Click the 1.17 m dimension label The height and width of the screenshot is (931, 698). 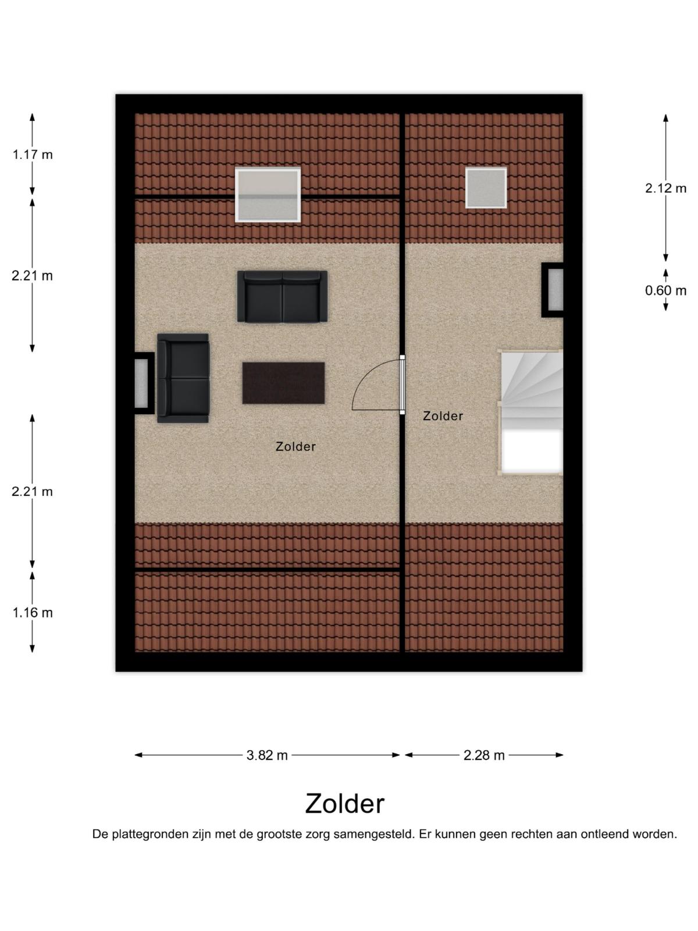[x=33, y=155]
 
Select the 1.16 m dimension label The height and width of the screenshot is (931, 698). [x=33, y=613]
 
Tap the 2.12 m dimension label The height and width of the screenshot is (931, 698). [x=665, y=188]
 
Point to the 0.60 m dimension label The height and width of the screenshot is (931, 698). [x=665, y=290]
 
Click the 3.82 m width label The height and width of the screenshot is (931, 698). [x=267, y=755]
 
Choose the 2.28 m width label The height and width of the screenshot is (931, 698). [x=484, y=755]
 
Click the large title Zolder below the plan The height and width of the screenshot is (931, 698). [x=344, y=804]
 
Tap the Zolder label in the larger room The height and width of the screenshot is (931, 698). [x=295, y=446]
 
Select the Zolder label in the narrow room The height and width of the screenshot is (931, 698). [x=443, y=415]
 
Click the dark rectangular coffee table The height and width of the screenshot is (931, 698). [x=283, y=383]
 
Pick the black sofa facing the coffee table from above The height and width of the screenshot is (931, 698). [x=282, y=297]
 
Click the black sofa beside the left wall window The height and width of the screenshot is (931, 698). [x=183, y=378]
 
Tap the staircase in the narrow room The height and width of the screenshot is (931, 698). [x=530, y=413]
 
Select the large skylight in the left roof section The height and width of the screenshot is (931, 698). [x=268, y=195]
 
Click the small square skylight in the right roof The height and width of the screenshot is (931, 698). [x=486, y=188]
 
